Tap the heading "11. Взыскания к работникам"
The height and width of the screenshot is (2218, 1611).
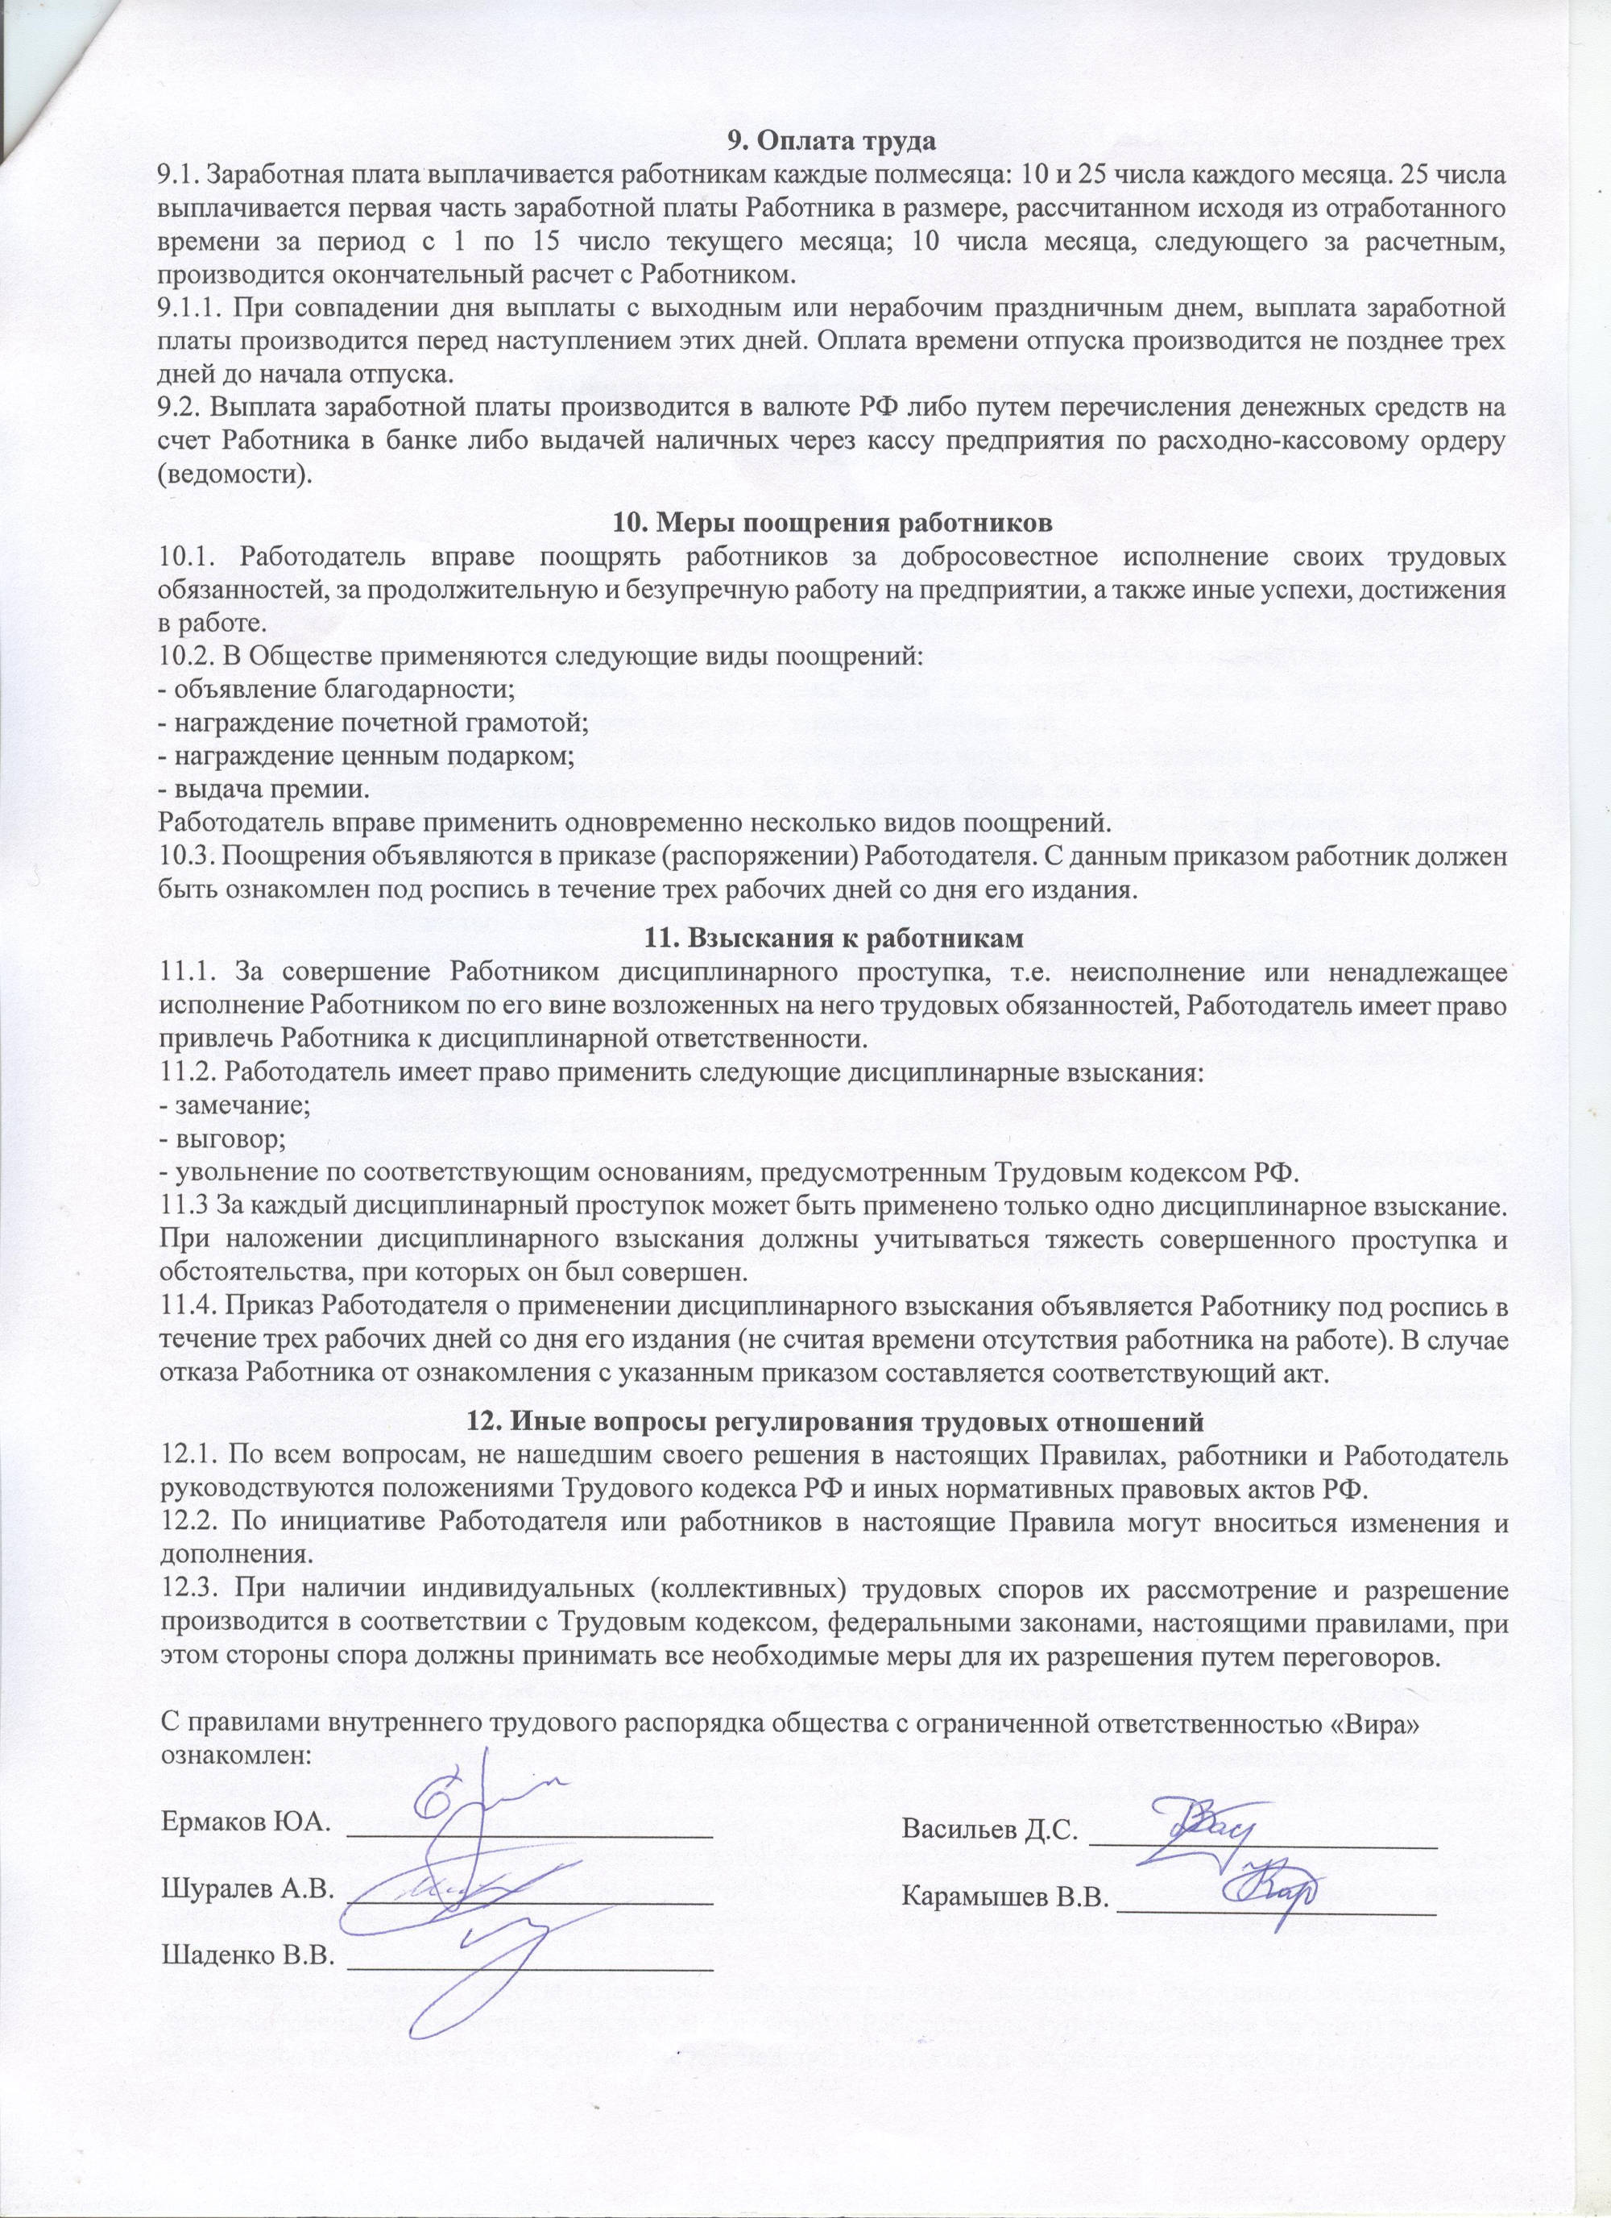(834, 938)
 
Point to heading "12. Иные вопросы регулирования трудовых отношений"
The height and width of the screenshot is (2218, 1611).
(834, 1419)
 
